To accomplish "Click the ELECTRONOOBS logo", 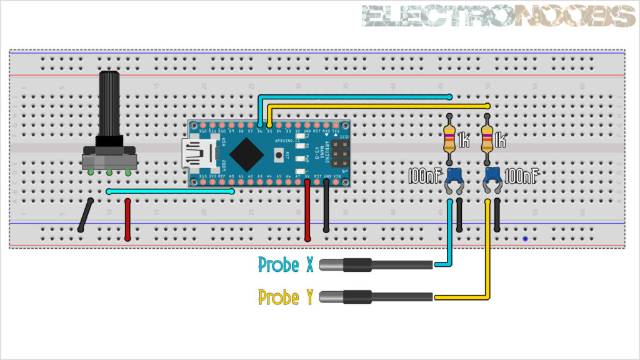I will (498, 16).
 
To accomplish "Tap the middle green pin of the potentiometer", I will (109, 172).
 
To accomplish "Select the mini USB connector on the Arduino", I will (199, 154).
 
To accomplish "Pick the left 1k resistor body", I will (449, 140).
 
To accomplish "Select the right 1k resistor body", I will (487, 140).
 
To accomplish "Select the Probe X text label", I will (286, 265).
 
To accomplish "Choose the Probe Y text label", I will (286, 297).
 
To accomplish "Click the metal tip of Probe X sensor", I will (329, 265).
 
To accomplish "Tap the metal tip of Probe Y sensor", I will (329, 297).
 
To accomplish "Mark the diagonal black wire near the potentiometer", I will (86, 216).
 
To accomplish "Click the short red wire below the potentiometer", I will (127, 220).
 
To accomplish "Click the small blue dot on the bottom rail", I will (525, 239).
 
